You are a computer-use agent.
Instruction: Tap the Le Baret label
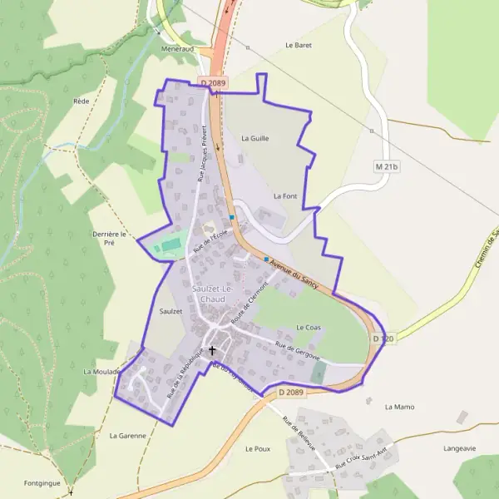[298, 45]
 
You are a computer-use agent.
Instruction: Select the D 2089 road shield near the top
[212, 83]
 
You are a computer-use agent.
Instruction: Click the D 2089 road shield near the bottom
[291, 392]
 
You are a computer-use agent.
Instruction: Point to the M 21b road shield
[387, 166]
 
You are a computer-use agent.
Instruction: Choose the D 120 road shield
[383, 338]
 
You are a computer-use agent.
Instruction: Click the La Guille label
[254, 139]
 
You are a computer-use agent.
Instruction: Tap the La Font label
[284, 195]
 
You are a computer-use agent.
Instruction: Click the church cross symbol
[212, 350]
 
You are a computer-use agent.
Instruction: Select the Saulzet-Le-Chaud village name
[212, 293]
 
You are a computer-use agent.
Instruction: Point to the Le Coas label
[308, 328]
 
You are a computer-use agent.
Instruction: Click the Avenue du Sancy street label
[294, 274]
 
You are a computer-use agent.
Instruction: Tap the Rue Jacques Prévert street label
[201, 154]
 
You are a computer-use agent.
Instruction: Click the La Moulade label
[101, 372]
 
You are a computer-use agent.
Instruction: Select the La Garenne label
[127, 435]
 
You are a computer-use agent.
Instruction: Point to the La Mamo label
[399, 407]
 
